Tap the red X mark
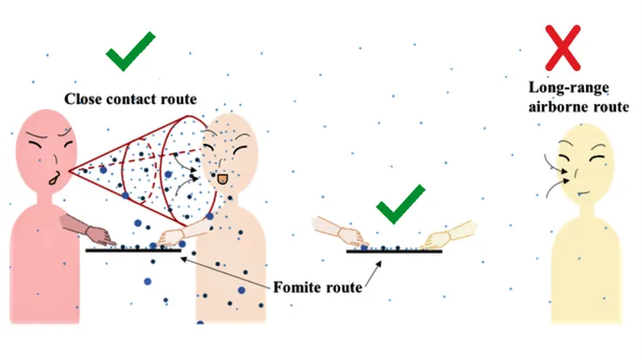562,47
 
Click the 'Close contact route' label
129,98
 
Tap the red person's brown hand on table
99,233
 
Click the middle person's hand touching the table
172,236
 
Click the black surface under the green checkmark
395,251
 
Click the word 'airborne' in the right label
572,107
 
